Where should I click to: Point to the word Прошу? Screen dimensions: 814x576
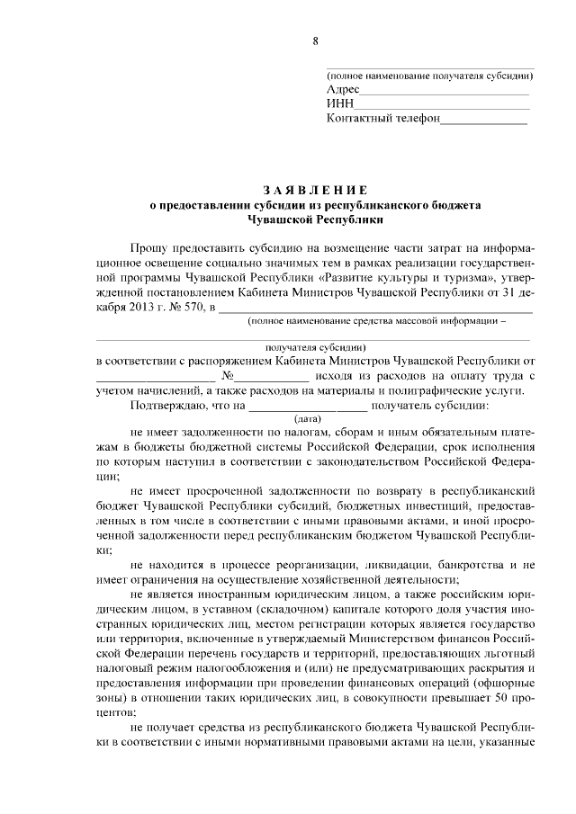pos(148,246)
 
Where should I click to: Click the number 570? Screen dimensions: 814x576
pos(192,310)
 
